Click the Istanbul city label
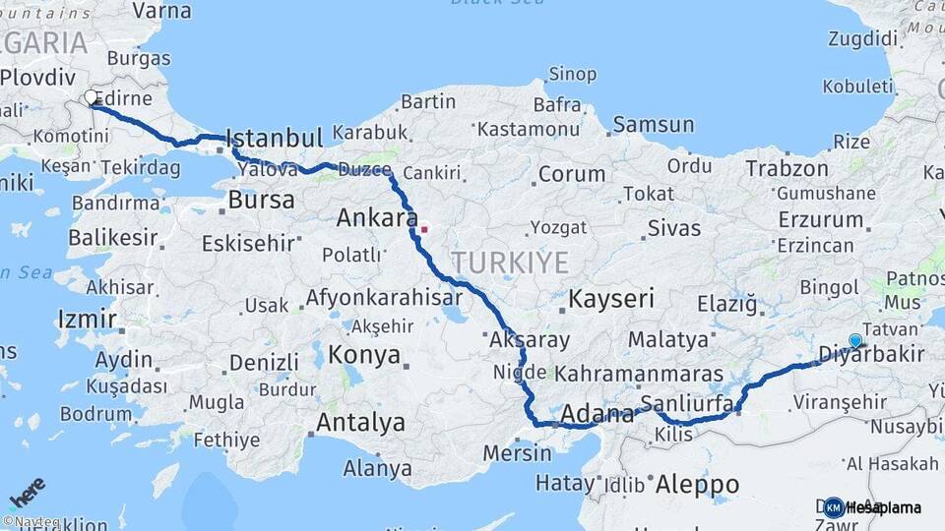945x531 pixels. [x=274, y=138]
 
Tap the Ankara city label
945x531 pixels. [x=377, y=217]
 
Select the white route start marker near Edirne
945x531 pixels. [x=91, y=97]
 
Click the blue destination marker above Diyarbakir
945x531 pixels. [x=855, y=341]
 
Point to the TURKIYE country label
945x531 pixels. [x=510, y=263]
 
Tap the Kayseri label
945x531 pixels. [x=611, y=299]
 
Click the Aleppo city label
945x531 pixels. [x=697, y=484]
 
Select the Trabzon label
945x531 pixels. [x=787, y=168]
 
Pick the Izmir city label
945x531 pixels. [x=88, y=319]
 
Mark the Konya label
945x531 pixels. [x=364, y=355]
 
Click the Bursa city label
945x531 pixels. [x=261, y=200]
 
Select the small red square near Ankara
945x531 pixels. [x=424, y=230]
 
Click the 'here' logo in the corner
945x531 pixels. [x=27, y=492]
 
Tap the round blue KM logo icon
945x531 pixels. [x=834, y=507]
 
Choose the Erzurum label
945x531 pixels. [x=820, y=219]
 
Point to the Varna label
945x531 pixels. [x=161, y=11]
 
